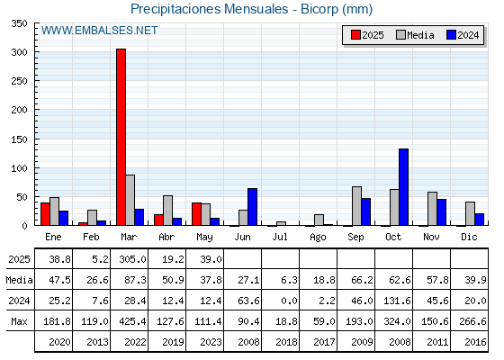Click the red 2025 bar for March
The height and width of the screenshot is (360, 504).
[x=121, y=137]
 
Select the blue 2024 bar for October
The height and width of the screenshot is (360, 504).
[x=404, y=187]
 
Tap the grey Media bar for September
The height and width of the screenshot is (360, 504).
[x=356, y=206]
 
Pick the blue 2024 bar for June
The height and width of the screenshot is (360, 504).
[x=252, y=207]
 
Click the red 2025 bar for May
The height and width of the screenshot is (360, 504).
[x=197, y=214]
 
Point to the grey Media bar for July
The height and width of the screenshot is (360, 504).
[x=281, y=223]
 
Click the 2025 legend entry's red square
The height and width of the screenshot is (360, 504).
[x=355, y=35]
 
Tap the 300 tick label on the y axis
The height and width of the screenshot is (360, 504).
[x=19, y=52]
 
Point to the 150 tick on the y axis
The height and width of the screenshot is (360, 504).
[x=19, y=139]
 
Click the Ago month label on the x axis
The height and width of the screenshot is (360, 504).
[x=318, y=238]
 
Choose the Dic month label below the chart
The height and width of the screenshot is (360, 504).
[x=469, y=237]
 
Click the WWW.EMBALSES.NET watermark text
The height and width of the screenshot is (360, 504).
[x=99, y=31]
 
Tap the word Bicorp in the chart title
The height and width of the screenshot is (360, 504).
[x=319, y=9]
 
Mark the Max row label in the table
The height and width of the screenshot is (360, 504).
[x=19, y=321]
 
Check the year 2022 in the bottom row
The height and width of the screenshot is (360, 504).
[x=135, y=342]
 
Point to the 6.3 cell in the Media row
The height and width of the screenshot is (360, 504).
[x=289, y=280]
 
